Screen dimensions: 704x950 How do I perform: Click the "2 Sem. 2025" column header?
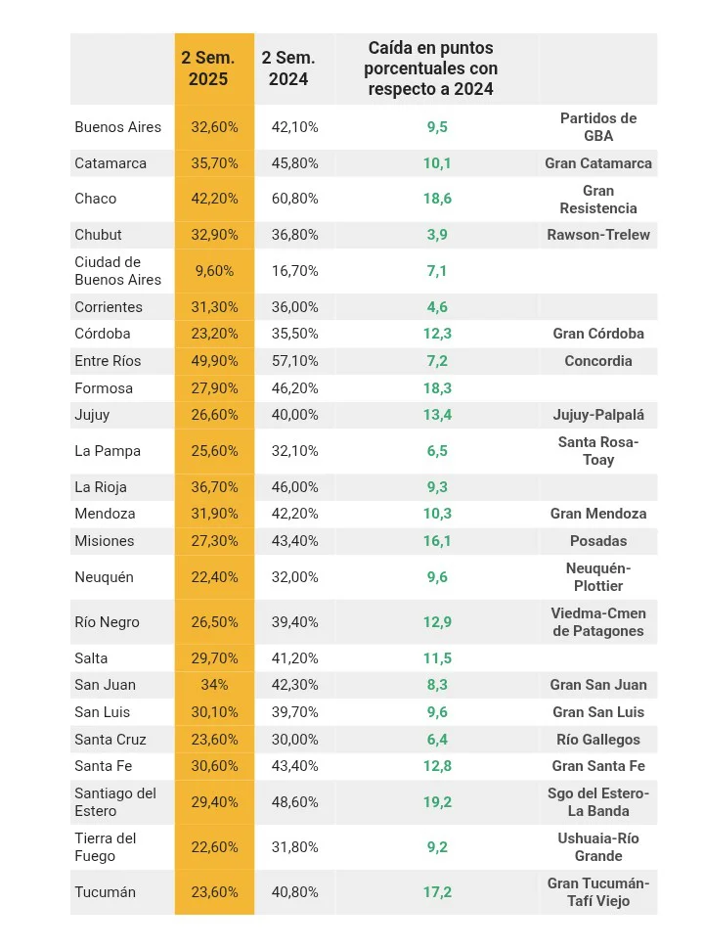[x=207, y=68]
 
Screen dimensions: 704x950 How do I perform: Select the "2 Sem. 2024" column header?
[x=288, y=68]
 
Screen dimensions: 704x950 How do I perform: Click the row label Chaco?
[x=96, y=199]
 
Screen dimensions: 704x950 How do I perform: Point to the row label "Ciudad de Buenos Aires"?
[x=118, y=271]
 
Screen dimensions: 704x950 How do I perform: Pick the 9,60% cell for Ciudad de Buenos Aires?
[x=214, y=271]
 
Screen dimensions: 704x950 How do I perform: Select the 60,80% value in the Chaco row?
[x=294, y=199]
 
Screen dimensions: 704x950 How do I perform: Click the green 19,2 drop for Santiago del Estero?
[x=437, y=802]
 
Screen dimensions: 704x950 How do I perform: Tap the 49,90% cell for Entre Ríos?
[x=214, y=361]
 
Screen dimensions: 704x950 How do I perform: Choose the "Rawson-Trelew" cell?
[x=598, y=235]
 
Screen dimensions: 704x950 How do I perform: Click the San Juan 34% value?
[x=214, y=685]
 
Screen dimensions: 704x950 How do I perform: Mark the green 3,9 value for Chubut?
[x=437, y=235]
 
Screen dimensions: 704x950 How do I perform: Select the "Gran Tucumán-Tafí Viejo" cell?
[x=598, y=892]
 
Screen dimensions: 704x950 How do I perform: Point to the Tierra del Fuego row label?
[x=106, y=847]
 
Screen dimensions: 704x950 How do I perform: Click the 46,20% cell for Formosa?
[x=294, y=388]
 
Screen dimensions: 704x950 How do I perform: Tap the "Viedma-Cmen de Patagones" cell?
[x=598, y=622]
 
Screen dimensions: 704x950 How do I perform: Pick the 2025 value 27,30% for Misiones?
[x=214, y=541]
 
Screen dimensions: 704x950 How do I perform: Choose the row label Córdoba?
[x=103, y=334]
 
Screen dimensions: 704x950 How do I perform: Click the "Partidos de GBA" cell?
[x=598, y=127]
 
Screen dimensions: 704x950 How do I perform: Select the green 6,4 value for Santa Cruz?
[x=437, y=740]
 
